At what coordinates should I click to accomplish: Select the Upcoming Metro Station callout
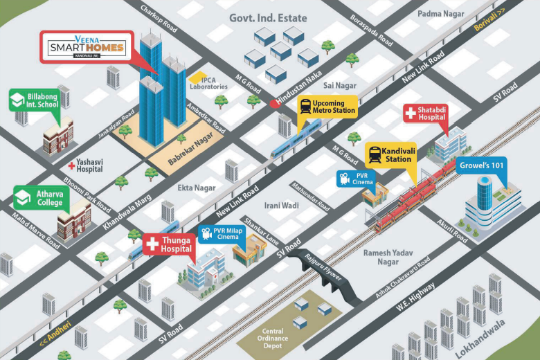tap(327, 107)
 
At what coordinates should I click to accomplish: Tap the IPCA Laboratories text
tap(208, 82)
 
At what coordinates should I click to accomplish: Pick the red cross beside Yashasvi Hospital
tap(71, 165)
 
